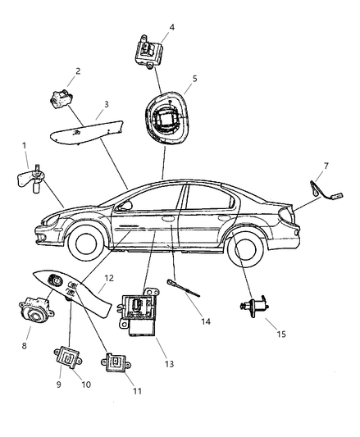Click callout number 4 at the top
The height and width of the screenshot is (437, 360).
pos(172,27)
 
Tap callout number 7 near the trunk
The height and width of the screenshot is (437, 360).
pos(326,166)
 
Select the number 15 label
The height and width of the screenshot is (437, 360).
pos(281,334)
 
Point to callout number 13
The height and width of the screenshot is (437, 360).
pos(169,364)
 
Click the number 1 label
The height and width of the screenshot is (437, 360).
pos(25,145)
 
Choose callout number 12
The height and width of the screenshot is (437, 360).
pos(109,278)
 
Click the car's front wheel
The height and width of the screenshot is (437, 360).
pos(86,243)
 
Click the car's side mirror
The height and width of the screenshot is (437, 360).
pos(125,206)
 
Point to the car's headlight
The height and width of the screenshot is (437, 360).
pos(51,220)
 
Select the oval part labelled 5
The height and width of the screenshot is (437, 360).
pos(166,118)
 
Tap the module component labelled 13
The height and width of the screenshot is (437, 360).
pos(139,312)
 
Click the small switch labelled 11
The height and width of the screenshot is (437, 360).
pos(116,362)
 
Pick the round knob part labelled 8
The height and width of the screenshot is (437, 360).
pos(36,311)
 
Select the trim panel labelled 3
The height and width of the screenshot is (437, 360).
pos(87,132)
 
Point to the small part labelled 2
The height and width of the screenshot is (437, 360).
pos(61,98)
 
